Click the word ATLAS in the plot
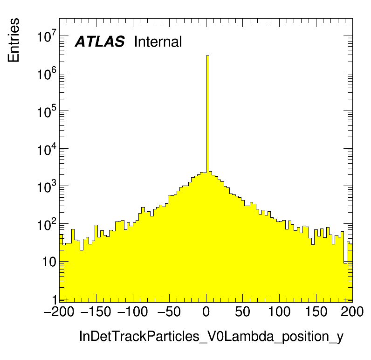click(x=100, y=42)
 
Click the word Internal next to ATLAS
click(x=158, y=42)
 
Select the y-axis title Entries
click(x=14, y=40)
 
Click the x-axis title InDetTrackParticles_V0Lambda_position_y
click(x=211, y=336)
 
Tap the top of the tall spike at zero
click(x=208, y=56)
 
